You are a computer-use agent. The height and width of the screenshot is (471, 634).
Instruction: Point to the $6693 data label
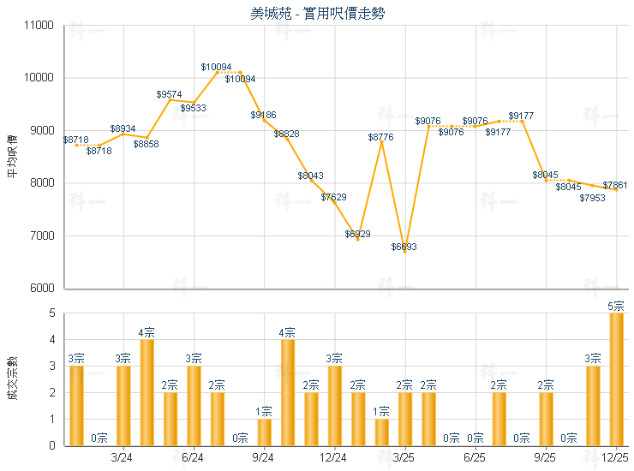coord(404,247)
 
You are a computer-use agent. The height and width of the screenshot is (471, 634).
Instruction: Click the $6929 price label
coord(358,234)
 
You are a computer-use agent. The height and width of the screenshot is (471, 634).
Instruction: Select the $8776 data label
coord(381,137)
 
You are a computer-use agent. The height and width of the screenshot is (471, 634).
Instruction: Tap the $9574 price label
coord(170,94)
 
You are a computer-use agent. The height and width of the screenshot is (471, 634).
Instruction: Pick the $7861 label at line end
coord(615,185)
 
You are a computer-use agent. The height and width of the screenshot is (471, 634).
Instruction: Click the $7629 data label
coord(334,198)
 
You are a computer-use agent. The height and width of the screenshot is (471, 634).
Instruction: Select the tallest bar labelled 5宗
coord(616,379)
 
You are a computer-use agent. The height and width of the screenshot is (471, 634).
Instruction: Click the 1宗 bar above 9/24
coord(265,432)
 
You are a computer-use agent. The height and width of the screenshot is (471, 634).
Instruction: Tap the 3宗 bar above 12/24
coord(335,405)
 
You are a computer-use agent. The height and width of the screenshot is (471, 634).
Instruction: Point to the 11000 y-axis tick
coord(40,26)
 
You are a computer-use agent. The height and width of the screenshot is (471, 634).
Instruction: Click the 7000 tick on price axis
coord(44,235)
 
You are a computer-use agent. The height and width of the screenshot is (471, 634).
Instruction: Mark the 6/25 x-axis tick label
coord(475,458)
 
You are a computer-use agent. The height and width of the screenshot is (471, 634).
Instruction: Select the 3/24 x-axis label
coord(123,458)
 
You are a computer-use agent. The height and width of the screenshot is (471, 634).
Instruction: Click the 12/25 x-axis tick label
coord(615,458)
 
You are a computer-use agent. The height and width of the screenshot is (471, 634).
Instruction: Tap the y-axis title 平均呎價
coord(12,157)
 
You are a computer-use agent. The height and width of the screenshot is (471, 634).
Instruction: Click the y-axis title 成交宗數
coord(12,379)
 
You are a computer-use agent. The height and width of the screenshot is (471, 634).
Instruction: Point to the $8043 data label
coord(311,176)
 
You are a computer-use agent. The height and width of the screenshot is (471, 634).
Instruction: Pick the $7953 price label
coord(592,198)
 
